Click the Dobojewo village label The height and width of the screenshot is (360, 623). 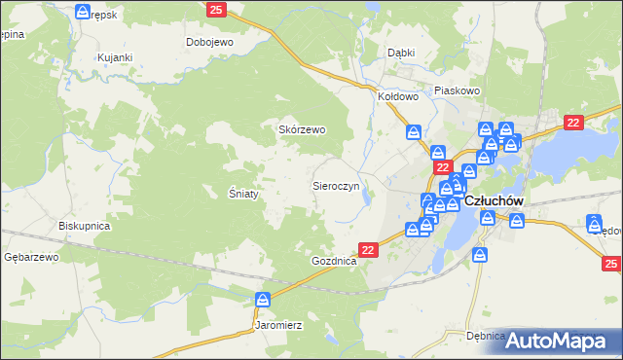tap(211, 43)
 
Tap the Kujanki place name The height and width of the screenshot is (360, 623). tap(114, 58)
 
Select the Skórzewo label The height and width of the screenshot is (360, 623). tap(302, 129)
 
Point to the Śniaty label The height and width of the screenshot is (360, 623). tap(243, 193)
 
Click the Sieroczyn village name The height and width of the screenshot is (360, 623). tap(336, 184)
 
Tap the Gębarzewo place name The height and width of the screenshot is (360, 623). tap(32, 257)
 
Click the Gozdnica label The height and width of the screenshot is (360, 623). tap(335, 263)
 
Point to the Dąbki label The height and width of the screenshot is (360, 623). tap(401, 53)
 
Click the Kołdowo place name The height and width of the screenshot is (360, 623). tap(398, 97)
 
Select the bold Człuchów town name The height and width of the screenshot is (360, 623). tap(495, 200)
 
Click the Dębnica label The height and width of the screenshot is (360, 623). tap(486, 336)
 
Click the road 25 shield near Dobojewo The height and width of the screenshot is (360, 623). tap(216, 10)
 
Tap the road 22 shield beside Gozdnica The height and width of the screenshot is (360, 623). tap(368, 250)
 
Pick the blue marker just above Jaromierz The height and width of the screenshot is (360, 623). tap(262, 300)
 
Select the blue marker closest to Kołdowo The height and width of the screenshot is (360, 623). tap(414, 131)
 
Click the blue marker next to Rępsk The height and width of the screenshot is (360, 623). tap(84, 12)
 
